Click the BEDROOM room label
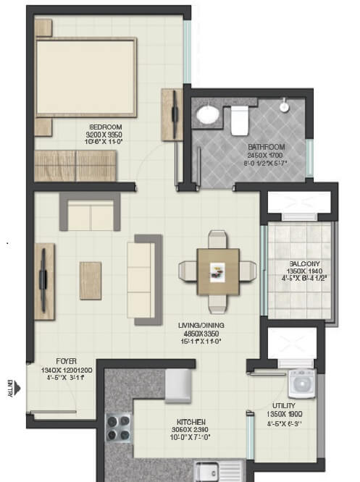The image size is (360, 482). (100, 127)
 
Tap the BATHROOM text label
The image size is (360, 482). (267, 147)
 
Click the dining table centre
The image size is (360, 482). (217, 271)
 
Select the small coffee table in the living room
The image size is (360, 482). (91, 280)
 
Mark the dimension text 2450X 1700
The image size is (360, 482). (267, 155)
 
